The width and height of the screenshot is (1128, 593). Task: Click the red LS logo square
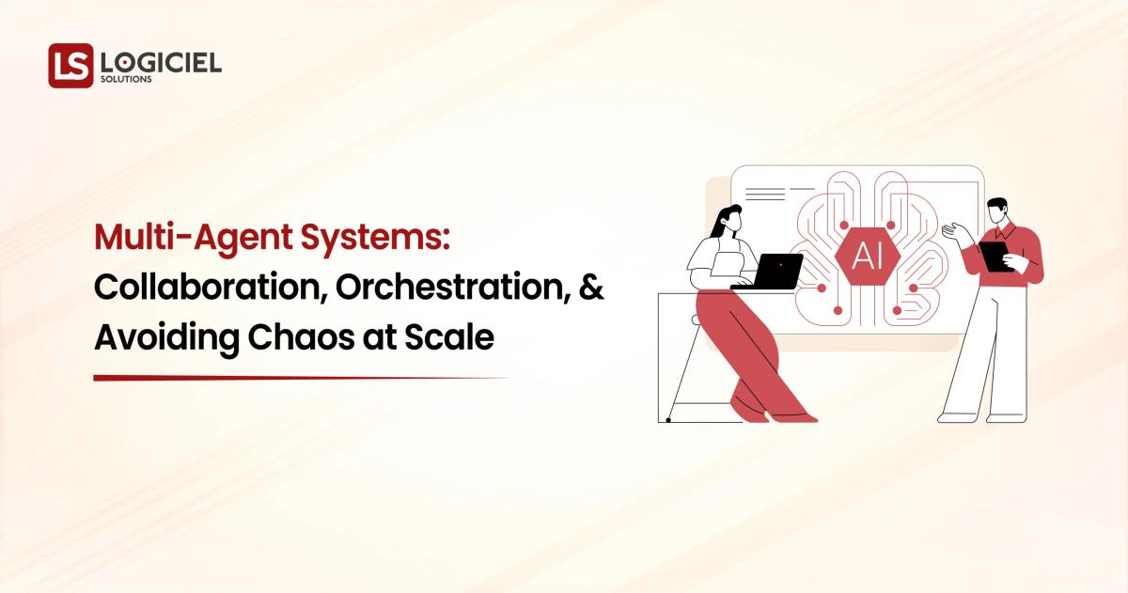coord(70,66)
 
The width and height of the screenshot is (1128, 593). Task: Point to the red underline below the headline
coord(301,378)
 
